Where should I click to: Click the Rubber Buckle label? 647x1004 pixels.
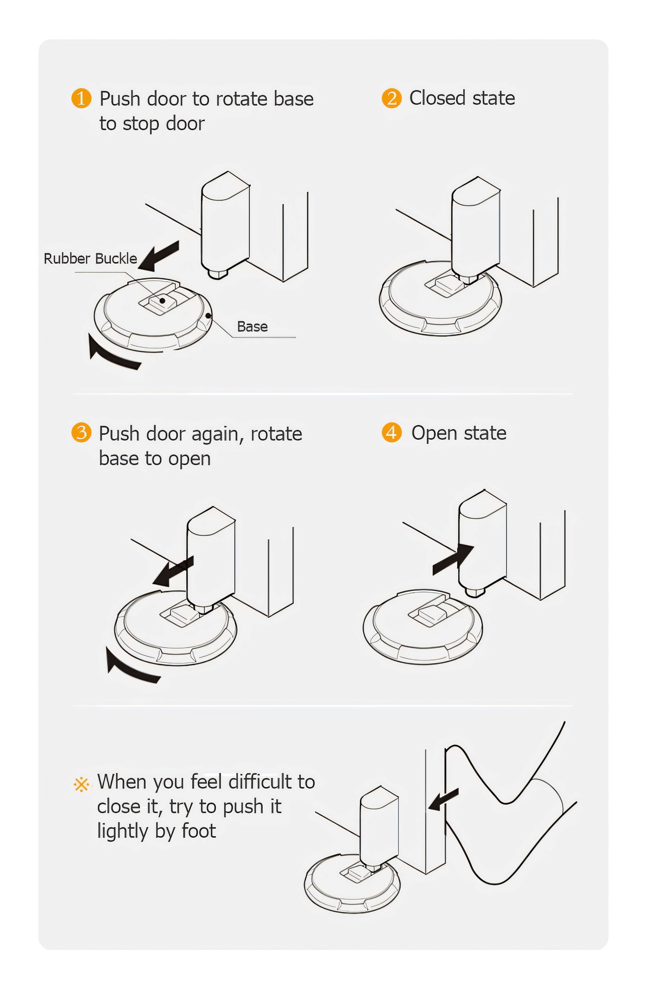point(90,258)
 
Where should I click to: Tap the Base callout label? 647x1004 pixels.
point(252,326)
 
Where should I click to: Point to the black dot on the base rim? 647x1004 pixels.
point(208,315)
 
